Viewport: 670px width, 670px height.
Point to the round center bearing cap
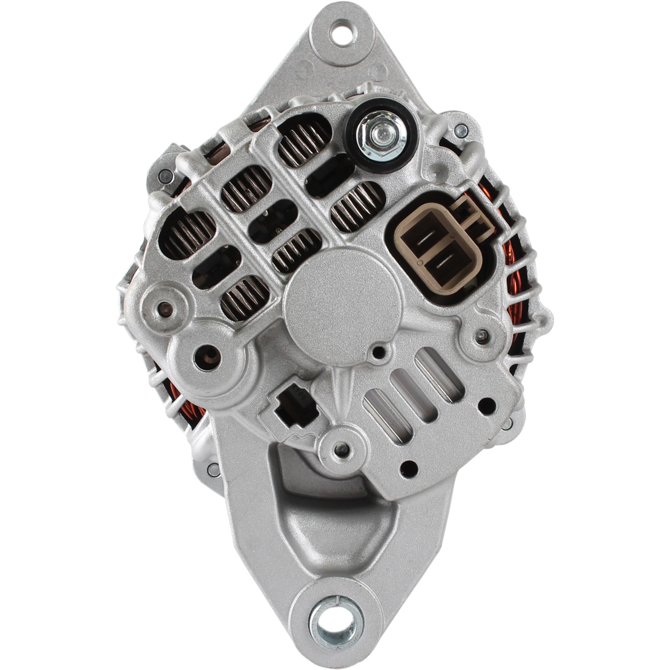pyautogui.click(x=342, y=302)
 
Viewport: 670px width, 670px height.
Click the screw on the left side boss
pyautogui.click(x=164, y=307)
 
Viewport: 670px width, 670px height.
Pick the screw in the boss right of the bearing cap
pyautogui.click(x=480, y=335)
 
